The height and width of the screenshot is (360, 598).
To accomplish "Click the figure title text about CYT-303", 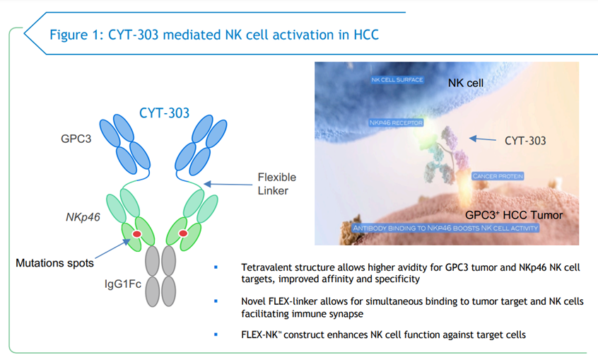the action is coord(214,35).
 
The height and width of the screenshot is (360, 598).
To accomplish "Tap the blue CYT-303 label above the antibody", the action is coord(164,113).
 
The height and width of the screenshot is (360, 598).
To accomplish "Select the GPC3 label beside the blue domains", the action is coord(76,139).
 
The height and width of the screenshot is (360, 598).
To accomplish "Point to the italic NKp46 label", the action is coord(83,217).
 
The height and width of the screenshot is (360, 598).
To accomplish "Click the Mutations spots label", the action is coord(54,263).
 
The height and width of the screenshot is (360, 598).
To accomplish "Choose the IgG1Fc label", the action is coord(123,284).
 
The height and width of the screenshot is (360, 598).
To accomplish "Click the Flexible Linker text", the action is coord(277,184).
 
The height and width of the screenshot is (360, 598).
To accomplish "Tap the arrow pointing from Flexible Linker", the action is coord(228,185).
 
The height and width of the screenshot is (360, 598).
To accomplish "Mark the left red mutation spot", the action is coord(137,234).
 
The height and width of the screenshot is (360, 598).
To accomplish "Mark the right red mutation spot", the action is coord(183,233).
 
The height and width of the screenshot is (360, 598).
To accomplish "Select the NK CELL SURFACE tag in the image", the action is coord(397,80).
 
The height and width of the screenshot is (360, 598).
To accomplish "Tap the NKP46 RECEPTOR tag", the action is coord(396,122).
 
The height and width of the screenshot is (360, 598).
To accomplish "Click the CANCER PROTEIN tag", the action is coord(498,176).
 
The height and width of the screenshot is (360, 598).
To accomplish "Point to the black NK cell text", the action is coord(466,83).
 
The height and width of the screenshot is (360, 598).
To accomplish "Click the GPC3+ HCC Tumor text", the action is coord(514,215).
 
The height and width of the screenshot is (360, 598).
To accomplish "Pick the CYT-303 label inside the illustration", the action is coord(525,141).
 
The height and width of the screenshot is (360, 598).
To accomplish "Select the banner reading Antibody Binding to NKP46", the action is coord(445,228).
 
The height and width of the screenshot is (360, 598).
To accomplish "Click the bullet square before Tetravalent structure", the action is coord(216,267).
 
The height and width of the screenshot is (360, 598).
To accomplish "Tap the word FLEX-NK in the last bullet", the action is coord(261,335).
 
